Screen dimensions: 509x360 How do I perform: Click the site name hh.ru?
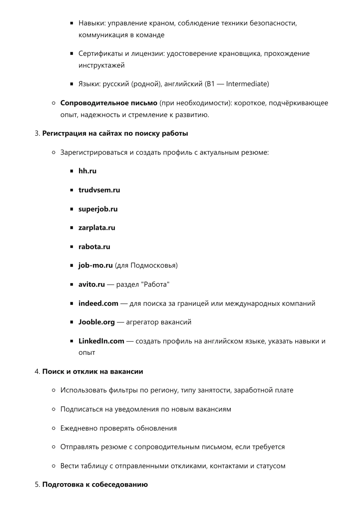pos(87,171)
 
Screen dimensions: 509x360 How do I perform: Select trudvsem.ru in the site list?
pos(99,190)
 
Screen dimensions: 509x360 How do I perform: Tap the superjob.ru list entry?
pos(98,209)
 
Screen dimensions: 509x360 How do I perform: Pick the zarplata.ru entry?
pos(97,228)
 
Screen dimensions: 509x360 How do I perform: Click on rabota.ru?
pos(94,247)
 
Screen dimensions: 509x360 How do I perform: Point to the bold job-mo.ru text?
pos(95,266)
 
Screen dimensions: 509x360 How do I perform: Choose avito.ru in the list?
pos(92,285)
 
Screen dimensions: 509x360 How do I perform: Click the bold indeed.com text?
pos(98,304)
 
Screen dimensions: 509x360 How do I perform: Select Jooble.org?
pos(96,322)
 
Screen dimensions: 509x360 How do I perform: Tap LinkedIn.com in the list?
pos(101,341)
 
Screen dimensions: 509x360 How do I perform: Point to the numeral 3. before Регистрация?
pos(37,134)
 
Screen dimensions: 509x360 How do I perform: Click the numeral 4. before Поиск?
pos(37,372)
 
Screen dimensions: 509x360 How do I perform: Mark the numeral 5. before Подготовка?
pos(37,485)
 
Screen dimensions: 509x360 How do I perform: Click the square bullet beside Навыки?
pos(71,23)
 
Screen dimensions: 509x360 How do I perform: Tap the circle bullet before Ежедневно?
pos(53,428)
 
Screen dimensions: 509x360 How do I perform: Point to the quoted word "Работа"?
pos(155,285)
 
